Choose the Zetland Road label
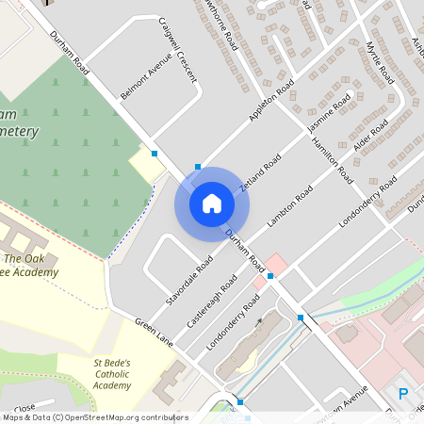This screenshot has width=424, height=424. (x=259, y=175)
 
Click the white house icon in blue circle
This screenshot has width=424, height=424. (x=212, y=203)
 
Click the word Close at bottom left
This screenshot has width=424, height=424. (x=24, y=408)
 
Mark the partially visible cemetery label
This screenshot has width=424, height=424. (x=19, y=122)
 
